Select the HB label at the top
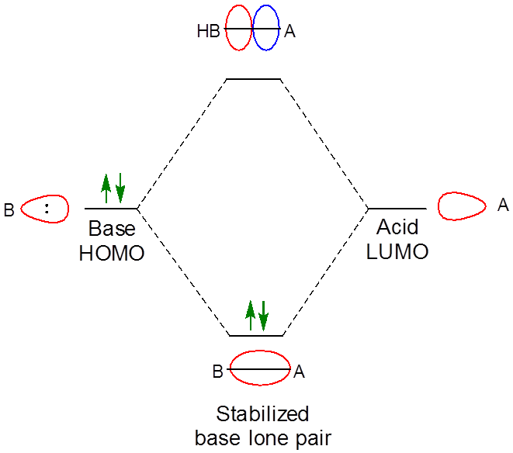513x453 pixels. coord(208,32)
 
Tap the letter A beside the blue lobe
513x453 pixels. coord(289,32)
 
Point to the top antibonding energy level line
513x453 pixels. coord(253,79)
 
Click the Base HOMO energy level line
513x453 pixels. coord(111,209)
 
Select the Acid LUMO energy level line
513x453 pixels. coord(397,209)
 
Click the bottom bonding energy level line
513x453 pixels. coord(256,336)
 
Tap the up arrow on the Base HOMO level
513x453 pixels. coord(106,188)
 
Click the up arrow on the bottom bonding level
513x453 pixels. coord(250,314)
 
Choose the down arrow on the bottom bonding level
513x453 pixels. coord(264,314)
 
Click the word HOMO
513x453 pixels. coord(112,253)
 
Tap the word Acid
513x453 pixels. coord(397,227)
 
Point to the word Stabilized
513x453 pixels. coord(262,413)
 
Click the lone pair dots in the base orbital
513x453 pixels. coord(47,208)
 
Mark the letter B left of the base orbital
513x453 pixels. coord(9,209)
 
